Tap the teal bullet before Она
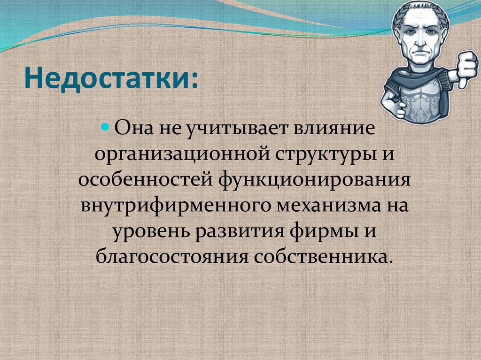point(106,128)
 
